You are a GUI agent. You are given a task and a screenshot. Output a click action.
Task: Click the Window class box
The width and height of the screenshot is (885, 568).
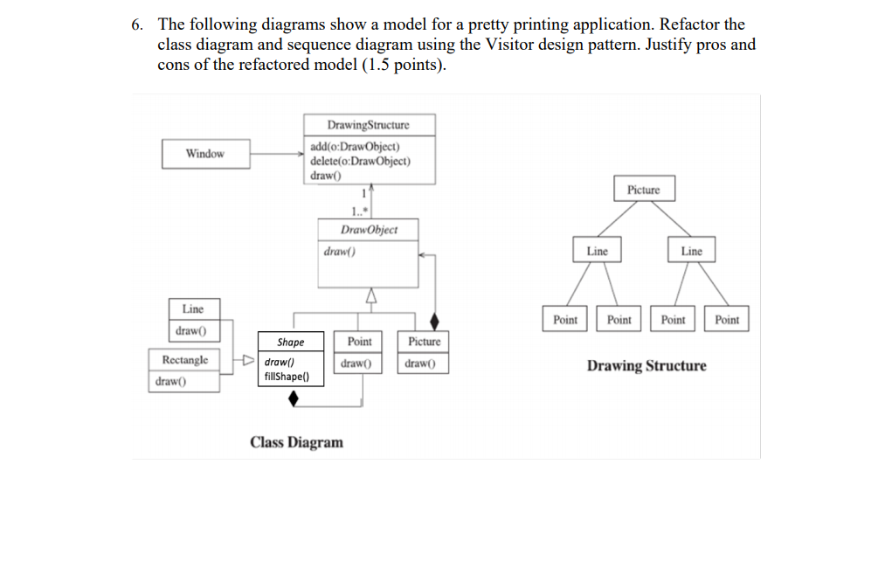[x=205, y=154]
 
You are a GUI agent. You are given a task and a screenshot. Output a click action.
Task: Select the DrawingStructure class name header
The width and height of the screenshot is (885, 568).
[x=368, y=125]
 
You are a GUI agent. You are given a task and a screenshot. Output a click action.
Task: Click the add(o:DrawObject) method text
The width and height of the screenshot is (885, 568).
[x=355, y=147]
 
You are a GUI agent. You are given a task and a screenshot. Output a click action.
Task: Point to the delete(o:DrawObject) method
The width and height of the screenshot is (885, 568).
[x=361, y=161]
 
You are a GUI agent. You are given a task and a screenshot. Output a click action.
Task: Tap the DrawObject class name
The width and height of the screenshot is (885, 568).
[x=369, y=230]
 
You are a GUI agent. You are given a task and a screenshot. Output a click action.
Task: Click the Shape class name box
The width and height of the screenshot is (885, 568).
[x=290, y=343]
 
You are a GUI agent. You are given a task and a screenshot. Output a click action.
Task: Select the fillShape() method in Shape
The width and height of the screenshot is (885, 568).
[x=285, y=377]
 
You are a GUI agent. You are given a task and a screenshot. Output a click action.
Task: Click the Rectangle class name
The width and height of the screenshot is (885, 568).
[x=184, y=360]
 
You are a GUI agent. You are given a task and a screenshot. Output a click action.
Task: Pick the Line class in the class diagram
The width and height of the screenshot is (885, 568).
[x=192, y=308]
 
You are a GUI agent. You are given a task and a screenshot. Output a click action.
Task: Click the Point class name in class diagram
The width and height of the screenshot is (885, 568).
[x=359, y=342]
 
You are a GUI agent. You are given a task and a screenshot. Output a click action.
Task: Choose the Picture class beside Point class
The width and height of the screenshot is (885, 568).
[x=425, y=342]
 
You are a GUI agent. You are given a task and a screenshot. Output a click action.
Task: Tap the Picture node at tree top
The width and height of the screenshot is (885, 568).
[x=644, y=190]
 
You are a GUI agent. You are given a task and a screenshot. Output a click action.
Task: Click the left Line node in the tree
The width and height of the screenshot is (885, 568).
[x=598, y=251]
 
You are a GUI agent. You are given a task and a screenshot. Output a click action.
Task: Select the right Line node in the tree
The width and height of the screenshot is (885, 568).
[x=691, y=251]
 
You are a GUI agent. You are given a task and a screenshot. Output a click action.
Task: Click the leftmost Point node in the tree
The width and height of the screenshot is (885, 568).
[x=565, y=320]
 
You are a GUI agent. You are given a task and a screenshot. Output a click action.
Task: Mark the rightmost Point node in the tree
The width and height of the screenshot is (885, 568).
[x=727, y=320]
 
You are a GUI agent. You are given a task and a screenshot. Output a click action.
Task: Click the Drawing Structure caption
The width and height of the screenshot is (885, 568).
[x=646, y=365]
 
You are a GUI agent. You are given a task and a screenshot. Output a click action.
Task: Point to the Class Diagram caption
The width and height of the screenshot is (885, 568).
[x=296, y=442]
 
